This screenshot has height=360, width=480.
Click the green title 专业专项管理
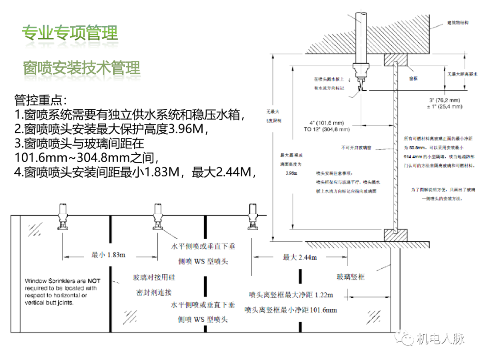[70, 33]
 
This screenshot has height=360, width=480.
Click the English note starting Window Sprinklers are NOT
[63, 291]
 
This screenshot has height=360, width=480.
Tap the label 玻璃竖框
[351, 277]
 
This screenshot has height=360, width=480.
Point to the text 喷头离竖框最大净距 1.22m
[291, 295]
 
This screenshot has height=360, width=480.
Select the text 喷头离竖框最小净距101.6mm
[291, 310]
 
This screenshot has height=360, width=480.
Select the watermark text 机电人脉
[440, 339]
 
